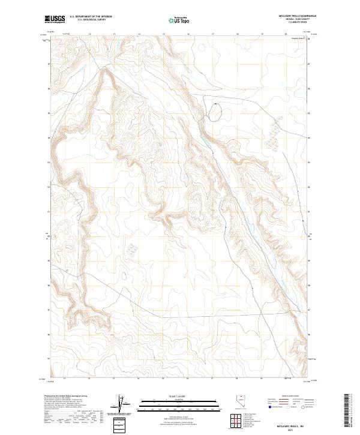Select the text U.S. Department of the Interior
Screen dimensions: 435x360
[91, 17]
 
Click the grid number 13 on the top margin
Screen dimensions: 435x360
[89, 34]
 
